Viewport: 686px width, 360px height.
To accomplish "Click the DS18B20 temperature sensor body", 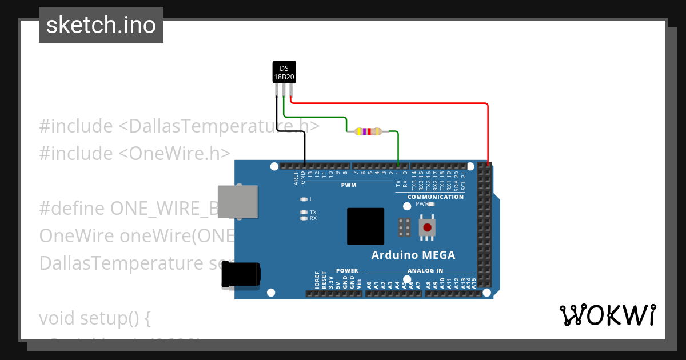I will (x=284, y=72).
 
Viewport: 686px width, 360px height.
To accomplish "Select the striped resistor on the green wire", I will (x=368, y=131).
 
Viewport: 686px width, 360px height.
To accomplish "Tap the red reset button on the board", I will (x=427, y=227).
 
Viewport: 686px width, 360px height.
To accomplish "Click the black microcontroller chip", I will (x=365, y=226).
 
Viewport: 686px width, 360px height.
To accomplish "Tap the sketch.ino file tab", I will (x=101, y=25).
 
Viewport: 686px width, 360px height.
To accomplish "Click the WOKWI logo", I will (x=607, y=315).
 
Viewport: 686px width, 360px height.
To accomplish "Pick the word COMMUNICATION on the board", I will (x=436, y=197).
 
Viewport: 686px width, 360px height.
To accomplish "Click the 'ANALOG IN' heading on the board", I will (x=425, y=271).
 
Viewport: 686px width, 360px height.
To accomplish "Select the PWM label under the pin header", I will (x=349, y=185).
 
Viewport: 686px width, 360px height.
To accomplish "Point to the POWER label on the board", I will (x=347, y=271).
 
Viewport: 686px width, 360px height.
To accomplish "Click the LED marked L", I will (x=304, y=199).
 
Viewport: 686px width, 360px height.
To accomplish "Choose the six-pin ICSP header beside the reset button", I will (x=404, y=227).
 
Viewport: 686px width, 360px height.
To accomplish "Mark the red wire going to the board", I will (x=487, y=131).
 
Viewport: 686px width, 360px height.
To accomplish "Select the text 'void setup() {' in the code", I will (x=94, y=318).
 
